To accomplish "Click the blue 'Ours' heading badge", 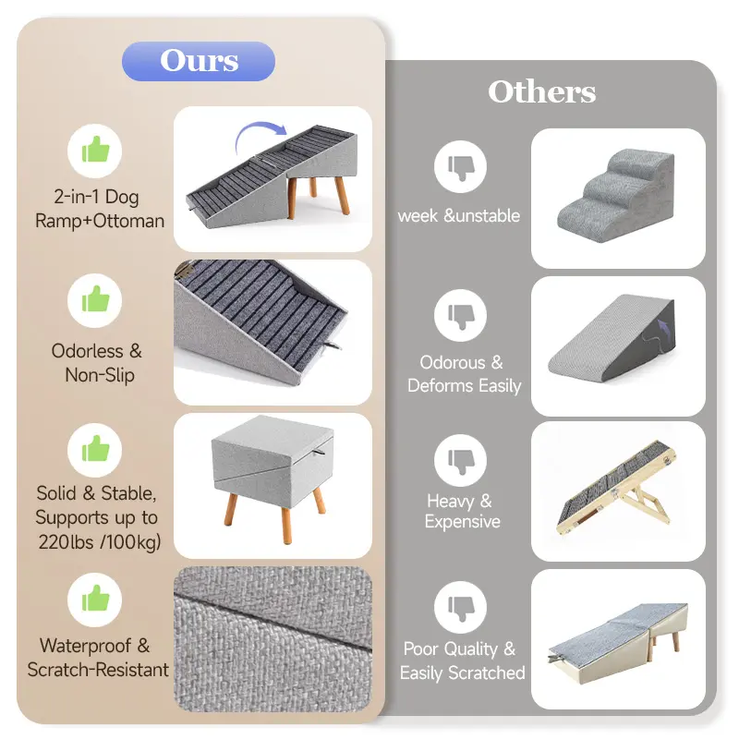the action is pyautogui.click(x=199, y=61).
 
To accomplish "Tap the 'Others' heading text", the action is pyautogui.click(x=542, y=91).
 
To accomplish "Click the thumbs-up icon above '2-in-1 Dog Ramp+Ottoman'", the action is pyautogui.click(x=95, y=151).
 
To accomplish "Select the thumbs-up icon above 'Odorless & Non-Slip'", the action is pyautogui.click(x=95, y=300).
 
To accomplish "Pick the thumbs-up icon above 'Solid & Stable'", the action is pyautogui.click(x=95, y=450).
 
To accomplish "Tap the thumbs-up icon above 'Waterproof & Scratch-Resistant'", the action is pyautogui.click(x=95, y=600).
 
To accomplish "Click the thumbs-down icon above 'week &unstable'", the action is pyautogui.click(x=460, y=167).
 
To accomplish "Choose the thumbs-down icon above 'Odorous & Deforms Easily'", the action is pyautogui.click(x=460, y=315).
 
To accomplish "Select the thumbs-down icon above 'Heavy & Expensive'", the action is pyautogui.click(x=460, y=460).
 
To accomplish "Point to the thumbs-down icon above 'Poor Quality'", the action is pyautogui.click(x=460, y=607).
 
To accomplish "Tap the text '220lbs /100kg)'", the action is pyautogui.click(x=100, y=542).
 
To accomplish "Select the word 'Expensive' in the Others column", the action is pyautogui.click(x=463, y=522).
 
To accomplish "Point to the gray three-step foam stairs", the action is pyautogui.click(x=615, y=196).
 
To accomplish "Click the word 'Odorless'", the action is pyautogui.click(x=87, y=351).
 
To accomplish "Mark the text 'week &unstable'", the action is pyautogui.click(x=459, y=216).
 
